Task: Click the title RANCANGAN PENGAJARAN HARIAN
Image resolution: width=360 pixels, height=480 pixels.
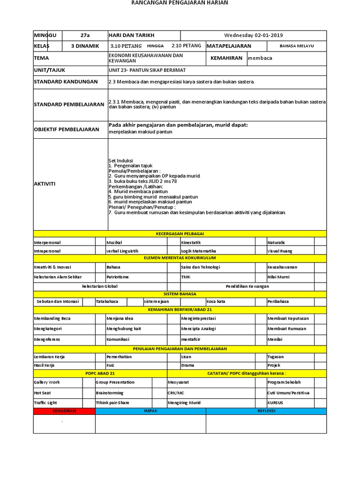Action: (x=180, y=3)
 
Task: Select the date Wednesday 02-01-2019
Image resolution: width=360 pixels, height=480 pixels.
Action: (x=253, y=36)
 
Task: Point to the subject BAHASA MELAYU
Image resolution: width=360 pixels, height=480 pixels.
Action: (x=296, y=46)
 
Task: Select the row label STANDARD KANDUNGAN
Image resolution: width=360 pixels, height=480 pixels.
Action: (x=66, y=82)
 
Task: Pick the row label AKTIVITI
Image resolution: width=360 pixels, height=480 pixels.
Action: (x=45, y=184)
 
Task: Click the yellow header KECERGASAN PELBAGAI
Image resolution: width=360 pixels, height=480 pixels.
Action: (x=180, y=233)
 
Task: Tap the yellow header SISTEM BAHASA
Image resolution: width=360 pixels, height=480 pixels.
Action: (x=180, y=294)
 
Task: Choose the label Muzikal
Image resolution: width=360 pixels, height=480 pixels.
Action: (x=114, y=242)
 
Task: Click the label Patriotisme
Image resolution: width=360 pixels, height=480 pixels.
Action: (x=117, y=277)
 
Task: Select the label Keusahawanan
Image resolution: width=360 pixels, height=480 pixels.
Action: (x=282, y=267)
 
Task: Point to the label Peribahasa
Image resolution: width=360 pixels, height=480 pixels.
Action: (x=278, y=301)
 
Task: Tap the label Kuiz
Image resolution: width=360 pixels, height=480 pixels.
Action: (x=111, y=365)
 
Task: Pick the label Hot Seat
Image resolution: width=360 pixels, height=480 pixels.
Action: (x=43, y=393)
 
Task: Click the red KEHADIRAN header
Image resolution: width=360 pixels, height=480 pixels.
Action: (x=64, y=411)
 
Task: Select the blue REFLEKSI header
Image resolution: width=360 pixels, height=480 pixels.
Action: (x=266, y=411)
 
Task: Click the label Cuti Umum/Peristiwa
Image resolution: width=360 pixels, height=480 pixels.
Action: (x=288, y=393)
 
